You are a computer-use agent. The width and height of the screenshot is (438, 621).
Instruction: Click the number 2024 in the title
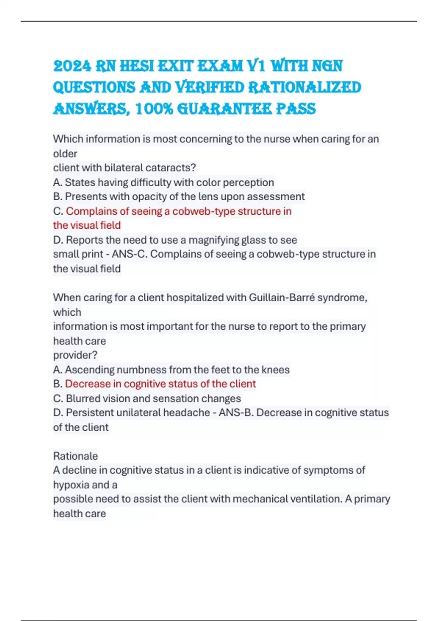pyautogui.click(x=72, y=66)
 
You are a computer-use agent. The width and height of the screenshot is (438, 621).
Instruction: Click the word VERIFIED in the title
pyautogui.click(x=210, y=88)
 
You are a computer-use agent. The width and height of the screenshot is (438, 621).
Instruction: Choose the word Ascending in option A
pyautogui.click(x=89, y=370)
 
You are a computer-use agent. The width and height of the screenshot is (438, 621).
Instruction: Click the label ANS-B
pyautogui.click(x=236, y=413)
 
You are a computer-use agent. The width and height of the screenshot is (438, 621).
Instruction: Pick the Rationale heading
pyautogui.click(x=76, y=456)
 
